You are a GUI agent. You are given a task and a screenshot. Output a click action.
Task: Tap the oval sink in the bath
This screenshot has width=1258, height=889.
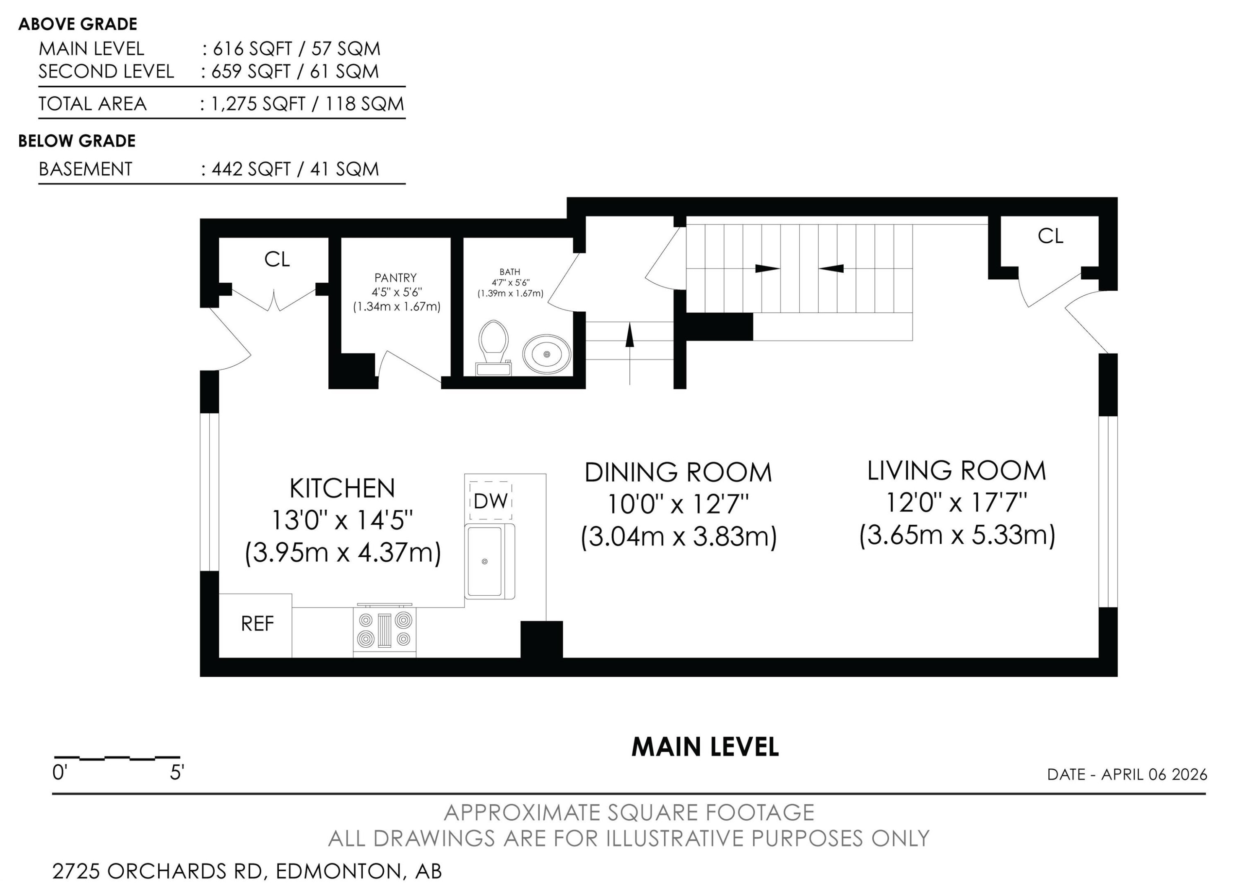[x=546, y=354]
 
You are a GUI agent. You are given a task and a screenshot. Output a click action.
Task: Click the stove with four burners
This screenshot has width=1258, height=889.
[x=385, y=630]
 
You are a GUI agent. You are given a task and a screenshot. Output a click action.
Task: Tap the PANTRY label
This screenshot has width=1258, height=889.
[x=395, y=278]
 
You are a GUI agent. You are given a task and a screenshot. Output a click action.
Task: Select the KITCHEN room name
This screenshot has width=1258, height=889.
[x=342, y=488]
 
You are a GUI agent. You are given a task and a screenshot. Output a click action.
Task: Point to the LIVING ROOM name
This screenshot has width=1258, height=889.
[x=956, y=470]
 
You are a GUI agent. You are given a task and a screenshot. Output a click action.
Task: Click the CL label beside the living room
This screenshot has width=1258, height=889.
[x=1050, y=236]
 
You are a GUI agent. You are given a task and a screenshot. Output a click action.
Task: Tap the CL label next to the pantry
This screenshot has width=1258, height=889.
[x=277, y=259]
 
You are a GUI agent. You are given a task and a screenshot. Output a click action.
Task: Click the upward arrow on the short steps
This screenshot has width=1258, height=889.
[x=629, y=336]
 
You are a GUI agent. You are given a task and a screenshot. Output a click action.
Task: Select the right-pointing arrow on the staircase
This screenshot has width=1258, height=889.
[x=767, y=269]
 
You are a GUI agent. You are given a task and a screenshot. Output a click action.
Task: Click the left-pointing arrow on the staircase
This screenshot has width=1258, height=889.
[x=832, y=269]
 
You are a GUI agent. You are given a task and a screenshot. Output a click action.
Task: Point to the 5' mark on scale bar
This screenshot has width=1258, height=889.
[x=177, y=773]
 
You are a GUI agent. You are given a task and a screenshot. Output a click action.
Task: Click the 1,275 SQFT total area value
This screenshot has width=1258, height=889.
[x=258, y=104]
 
